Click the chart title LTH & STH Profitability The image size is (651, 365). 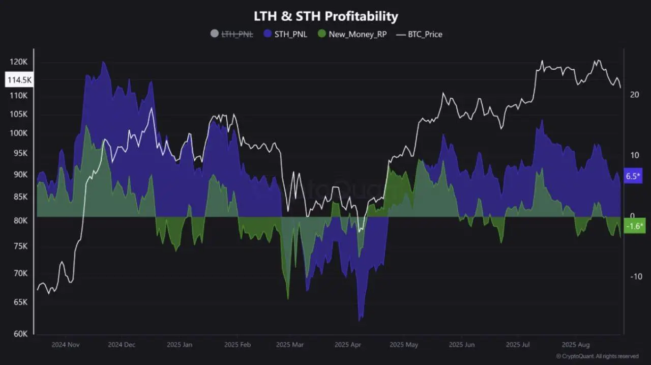click(325, 16)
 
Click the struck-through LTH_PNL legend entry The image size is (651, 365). click(232, 34)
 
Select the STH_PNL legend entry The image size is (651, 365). click(285, 34)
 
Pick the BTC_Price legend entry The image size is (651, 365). click(420, 34)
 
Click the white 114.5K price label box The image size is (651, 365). click(19, 80)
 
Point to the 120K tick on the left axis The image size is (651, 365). click(18, 62)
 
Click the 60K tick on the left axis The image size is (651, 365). click(20, 333)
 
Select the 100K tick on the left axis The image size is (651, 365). click(18, 133)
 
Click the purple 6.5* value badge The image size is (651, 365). click(634, 176)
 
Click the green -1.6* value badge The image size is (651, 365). click(634, 227)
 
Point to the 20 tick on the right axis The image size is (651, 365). click(634, 95)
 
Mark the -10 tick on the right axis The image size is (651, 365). click(636, 276)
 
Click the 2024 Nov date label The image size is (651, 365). click(66, 345)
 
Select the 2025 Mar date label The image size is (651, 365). click(289, 345)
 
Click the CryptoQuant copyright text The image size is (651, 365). click(597, 356)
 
